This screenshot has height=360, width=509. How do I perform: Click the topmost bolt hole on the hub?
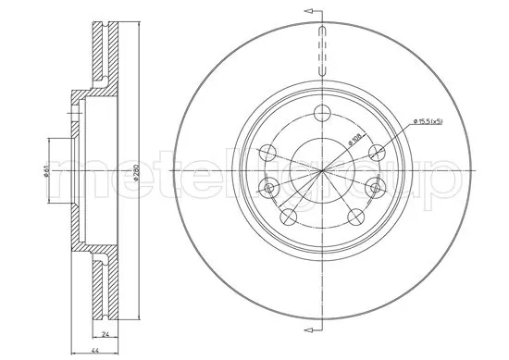pos(321,114)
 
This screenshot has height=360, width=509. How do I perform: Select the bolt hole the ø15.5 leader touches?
pos(377,154)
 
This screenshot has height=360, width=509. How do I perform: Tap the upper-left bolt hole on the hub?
pos(266,154)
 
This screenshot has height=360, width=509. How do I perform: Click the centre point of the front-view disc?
pos(321,171)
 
